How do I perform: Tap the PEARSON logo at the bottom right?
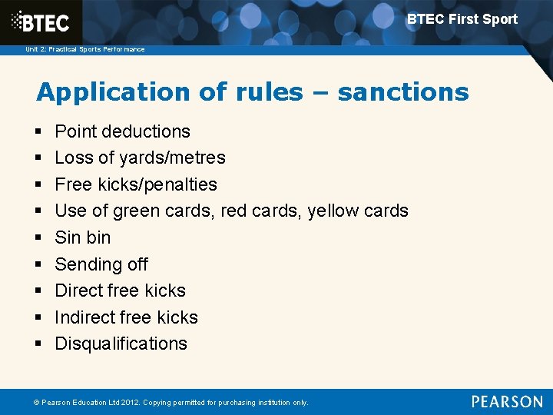pyautogui.click(x=507, y=401)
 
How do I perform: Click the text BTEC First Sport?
pyautogui.click(x=462, y=19)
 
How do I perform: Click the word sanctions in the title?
pyautogui.click(x=402, y=92)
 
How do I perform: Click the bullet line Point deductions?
pyautogui.click(x=122, y=131)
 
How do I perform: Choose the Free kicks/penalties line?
pyautogui.click(x=136, y=184)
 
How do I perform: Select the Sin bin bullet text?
pyautogui.click(x=83, y=237)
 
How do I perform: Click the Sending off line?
pyautogui.click(x=101, y=264)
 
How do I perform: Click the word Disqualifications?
pyautogui.click(x=121, y=344)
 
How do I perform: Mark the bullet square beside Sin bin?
pyautogui.click(x=39, y=238)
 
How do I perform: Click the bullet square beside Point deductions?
pyautogui.click(x=39, y=132)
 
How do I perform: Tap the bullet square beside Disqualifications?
pyautogui.click(x=39, y=344)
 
